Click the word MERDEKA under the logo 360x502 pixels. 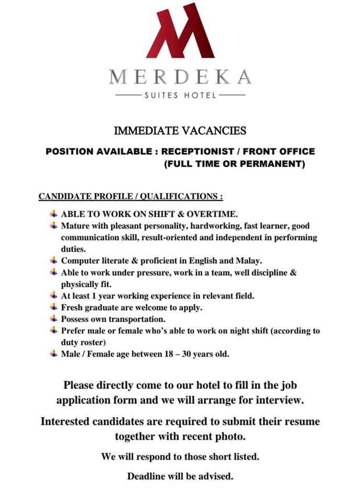click(x=180, y=77)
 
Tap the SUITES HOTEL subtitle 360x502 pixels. click(x=180, y=96)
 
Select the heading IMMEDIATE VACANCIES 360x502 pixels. click(x=180, y=130)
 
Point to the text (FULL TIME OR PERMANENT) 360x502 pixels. click(x=234, y=164)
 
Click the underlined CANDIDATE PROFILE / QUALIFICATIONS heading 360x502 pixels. click(x=131, y=197)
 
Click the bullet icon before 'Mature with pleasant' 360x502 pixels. click(x=54, y=225)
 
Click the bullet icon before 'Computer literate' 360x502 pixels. click(x=54, y=260)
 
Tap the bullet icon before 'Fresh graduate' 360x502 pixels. click(x=54, y=307)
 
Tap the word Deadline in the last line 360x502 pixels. click(x=146, y=476)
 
